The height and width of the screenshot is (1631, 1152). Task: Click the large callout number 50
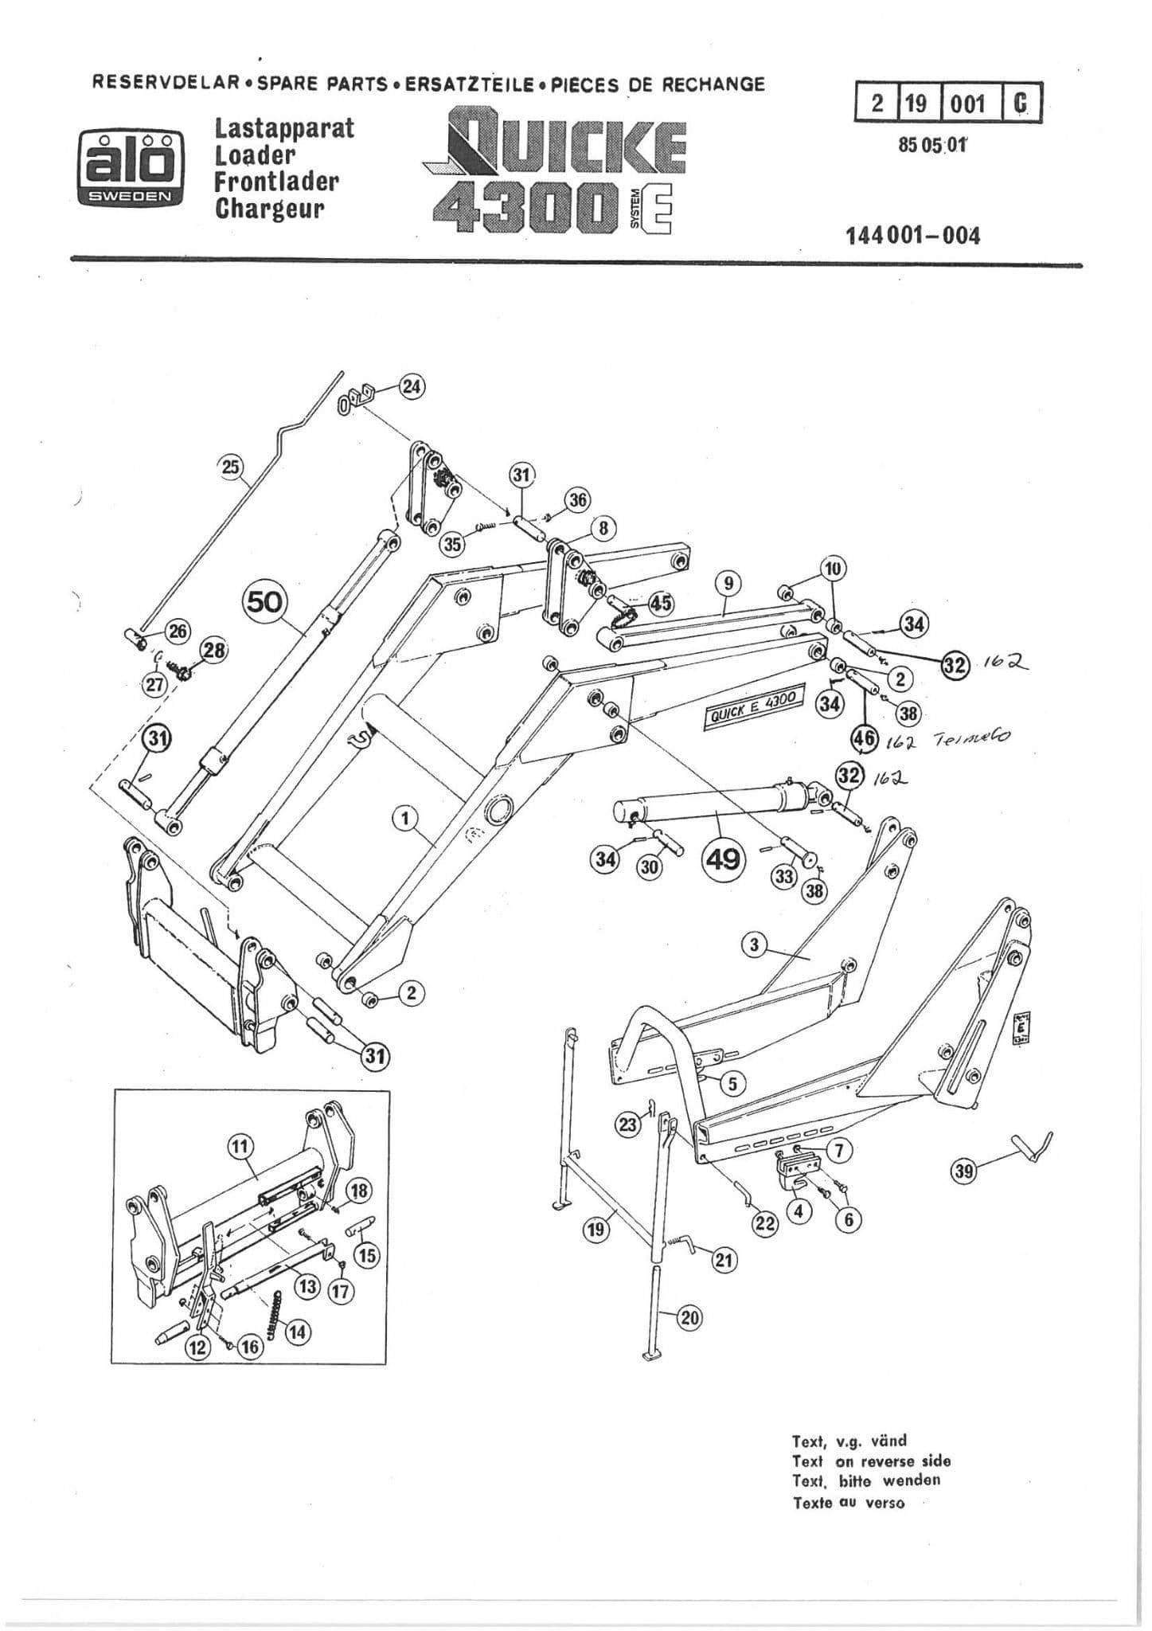[265, 602]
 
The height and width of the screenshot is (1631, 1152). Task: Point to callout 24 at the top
[412, 386]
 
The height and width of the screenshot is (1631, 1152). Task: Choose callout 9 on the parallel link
[728, 584]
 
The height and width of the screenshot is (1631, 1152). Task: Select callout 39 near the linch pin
[966, 1170]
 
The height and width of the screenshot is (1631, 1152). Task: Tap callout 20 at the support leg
[689, 1318]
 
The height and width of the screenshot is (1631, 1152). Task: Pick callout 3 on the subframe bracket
[754, 945]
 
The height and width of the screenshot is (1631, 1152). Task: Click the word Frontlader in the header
[276, 182]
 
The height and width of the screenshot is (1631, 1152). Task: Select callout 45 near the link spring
[661, 603]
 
